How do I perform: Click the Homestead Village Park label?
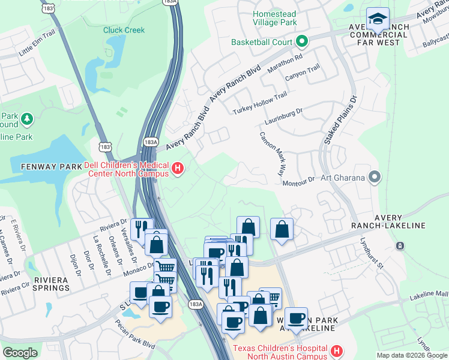tap(274, 18)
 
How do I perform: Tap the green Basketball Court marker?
tap(301, 42)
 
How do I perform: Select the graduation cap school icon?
tap(378, 20)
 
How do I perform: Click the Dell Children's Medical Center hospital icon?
tap(178, 170)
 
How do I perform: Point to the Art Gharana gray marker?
tap(375, 176)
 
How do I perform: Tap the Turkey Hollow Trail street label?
tap(260, 104)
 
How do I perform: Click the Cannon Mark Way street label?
tap(272, 153)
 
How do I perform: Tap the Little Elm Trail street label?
tap(37, 43)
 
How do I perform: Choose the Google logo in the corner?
tap(20, 353)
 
